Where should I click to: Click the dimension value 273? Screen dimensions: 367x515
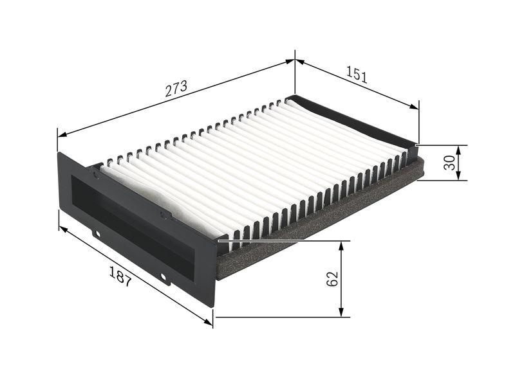point(176,89)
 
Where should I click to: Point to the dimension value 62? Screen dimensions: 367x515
point(332,278)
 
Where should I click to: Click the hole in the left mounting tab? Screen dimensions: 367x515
point(97,235)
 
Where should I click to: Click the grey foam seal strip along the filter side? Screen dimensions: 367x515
point(322,219)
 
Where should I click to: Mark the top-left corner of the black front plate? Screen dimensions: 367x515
point(59,153)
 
